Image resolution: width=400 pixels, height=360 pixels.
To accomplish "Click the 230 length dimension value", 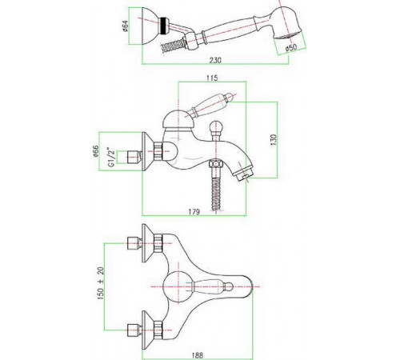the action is pyautogui.click(x=215, y=60).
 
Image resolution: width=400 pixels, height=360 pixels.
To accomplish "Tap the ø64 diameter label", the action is pyautogui.click(x=126, y=26).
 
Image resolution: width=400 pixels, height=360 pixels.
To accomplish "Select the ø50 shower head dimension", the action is pyautogui.click(x=290, y=47).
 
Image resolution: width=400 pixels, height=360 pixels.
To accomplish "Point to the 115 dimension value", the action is pyautogui.click(x=212, y=78).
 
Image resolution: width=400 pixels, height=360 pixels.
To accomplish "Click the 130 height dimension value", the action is pyautogui.click(x=274, y=140).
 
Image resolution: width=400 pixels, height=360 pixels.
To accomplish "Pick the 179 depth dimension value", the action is pyautogui.click(x=194, y=212).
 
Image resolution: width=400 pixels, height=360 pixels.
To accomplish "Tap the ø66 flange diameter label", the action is pyautogui.click(x=96, y=151).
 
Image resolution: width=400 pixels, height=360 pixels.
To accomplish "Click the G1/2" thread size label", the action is pyautogui.click(x=111, y=157).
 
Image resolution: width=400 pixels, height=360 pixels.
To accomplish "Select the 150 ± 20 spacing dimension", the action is pyautogui.click(x=101, y=283).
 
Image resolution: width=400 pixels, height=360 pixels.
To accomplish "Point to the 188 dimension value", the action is pyautogui.click(x=198, y=355).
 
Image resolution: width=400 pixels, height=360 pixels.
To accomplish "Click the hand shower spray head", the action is pyautogui.click(x=286, y=25).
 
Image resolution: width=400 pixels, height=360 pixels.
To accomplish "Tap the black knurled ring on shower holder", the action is pyautogui.click(x=164, y=26).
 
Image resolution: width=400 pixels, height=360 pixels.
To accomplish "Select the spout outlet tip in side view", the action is pyautogui.click(x=243, y=174).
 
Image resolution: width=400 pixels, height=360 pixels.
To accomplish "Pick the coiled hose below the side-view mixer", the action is pyautogui.click(x=216, y=193).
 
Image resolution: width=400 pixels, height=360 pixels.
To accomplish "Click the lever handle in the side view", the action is pyautogui.click(x=210, y=105).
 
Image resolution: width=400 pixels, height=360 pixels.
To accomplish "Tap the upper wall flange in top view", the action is pyautogui.click(x=147, y=243).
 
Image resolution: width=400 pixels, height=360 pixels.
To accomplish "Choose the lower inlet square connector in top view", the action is pyautogui.click(x=134, y=330).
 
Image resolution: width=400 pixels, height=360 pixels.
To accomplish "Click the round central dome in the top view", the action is pyautogui.click(x=178, y=286).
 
